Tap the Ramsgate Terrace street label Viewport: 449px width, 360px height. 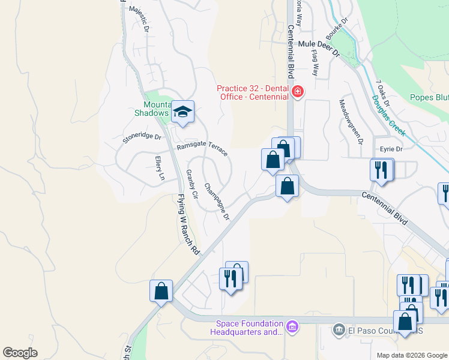coord(202,149)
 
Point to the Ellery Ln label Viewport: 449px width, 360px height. coord(159,168)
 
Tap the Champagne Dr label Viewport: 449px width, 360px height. coord(217,202)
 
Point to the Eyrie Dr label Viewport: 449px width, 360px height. coord(390,148)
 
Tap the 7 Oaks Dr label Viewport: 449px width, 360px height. coord(383,94)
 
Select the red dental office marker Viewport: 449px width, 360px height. coord(297,92)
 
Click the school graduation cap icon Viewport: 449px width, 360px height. coord(182,112)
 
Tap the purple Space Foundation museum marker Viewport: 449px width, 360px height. coord(292,326)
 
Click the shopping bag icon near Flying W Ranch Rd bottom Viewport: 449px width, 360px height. coord(161,292)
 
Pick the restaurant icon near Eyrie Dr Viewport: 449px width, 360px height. coord(382,170)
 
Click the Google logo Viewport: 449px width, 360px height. coord(20,353)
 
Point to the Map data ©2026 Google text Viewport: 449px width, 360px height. coord(411,355)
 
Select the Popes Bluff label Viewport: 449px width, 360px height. coord(429,97)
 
